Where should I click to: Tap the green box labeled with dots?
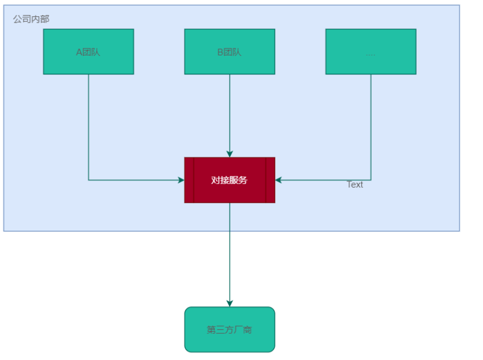pyautogui.click(x=370, y=51)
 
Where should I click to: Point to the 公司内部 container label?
pyautogui.click(x=31, y=19)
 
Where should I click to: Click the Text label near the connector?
pyautogui.click(x=355, y=185)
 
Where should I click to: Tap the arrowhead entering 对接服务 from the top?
pyautogui.click(x=230, y=154)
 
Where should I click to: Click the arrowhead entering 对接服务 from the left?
pyautogui.click(x=181, y=180)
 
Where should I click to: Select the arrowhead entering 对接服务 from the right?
pyautogui.click(x=279, y=180)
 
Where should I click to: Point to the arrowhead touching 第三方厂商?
pyautogui.click(x=230, y=303)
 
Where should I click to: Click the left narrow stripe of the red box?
pyautogui.click(x=189, y=180)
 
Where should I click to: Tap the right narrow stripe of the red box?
pyautogui.click(x=270, y=180)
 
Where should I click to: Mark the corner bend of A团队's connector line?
pyautogui.click(x=88, y=180)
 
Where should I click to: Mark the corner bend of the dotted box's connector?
pyautogui.click(x=370, y=180)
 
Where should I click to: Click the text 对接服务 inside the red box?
pyautogui.click(x=230, y=180)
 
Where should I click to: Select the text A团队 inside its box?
pyautogui.click(x=88, y=52)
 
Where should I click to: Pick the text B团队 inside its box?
pyautogui.click(x=230, y=52)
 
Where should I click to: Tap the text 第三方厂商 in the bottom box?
pyautogui.click(x=230, y=330)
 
